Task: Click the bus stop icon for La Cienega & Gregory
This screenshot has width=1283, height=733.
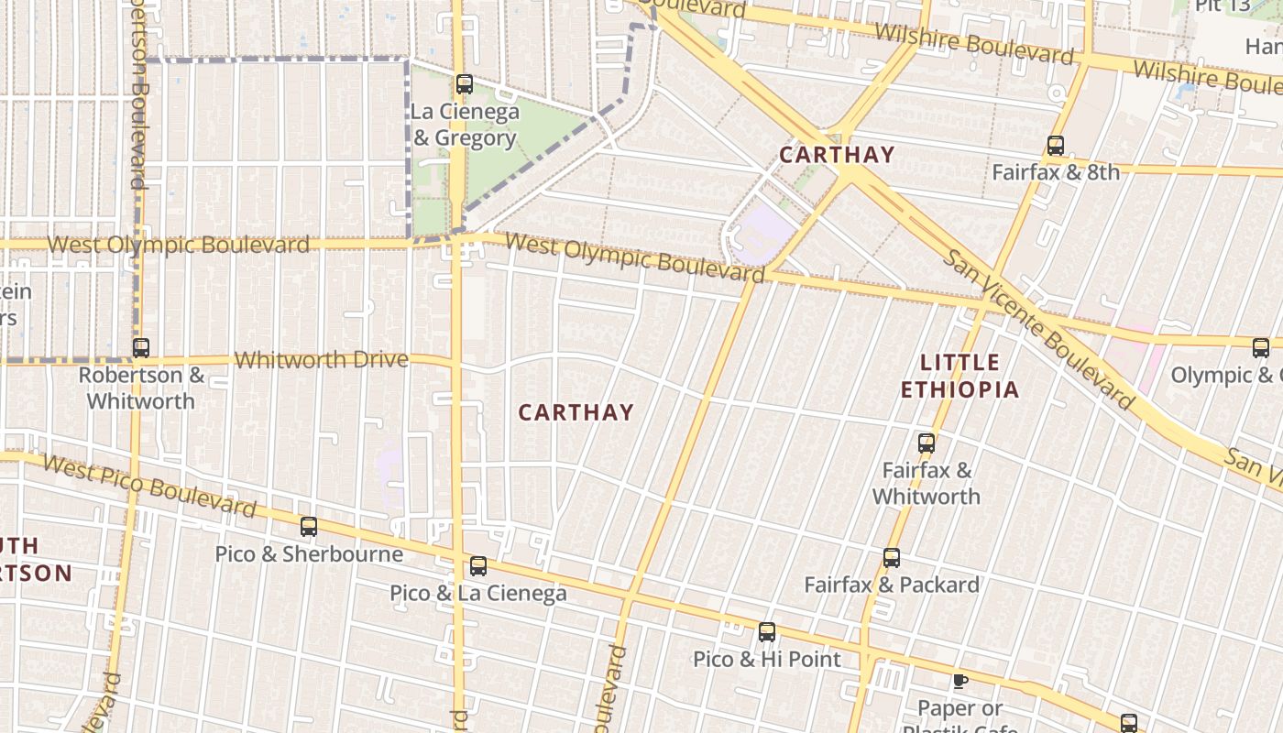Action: (x=465, y=85)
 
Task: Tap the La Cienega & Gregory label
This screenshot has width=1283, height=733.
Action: (x=465, y=126)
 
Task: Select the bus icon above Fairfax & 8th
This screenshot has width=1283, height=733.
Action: (x=1056, y=146)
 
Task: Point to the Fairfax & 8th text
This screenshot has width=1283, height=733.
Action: (x=1056, y=172)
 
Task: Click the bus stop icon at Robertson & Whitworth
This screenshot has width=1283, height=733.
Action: (x=140, y=348)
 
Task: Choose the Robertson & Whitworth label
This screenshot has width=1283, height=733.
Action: (x=141, y=388)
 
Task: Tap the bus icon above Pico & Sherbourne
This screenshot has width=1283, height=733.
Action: (x=309, y=527)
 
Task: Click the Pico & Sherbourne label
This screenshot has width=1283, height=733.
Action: (x=309, y=554)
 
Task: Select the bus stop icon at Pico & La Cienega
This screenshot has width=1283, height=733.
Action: (x=478, y=566)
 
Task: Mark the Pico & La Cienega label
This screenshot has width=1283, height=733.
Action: (x=478, y=594)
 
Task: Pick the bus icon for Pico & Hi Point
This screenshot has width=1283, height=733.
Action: (x=767, y=632)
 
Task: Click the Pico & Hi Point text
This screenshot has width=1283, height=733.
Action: (x=767, y=659)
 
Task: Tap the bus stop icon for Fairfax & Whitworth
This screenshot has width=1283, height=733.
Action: (x=927, y=443)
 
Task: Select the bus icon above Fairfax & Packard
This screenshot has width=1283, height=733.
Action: (x=892, y=558)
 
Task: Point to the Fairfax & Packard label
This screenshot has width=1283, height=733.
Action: (x=892, y=585)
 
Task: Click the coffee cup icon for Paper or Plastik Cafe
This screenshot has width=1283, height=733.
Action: (x=960, y=681)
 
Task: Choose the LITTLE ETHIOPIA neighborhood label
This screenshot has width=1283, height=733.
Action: (x=960, y=376)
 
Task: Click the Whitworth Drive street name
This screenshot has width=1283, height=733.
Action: (x=321, y=360)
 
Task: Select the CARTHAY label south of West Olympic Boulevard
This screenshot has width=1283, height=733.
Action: (x=576, y=412)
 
